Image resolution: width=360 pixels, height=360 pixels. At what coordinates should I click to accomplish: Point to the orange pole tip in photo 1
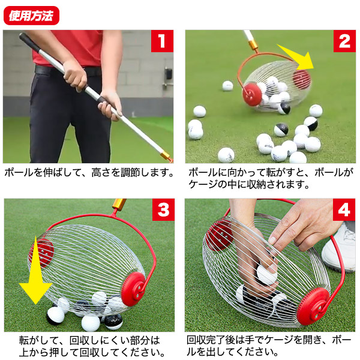(x=167, y=158)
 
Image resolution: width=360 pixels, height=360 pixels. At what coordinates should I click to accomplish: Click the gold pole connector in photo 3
(x=118, y=205)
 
